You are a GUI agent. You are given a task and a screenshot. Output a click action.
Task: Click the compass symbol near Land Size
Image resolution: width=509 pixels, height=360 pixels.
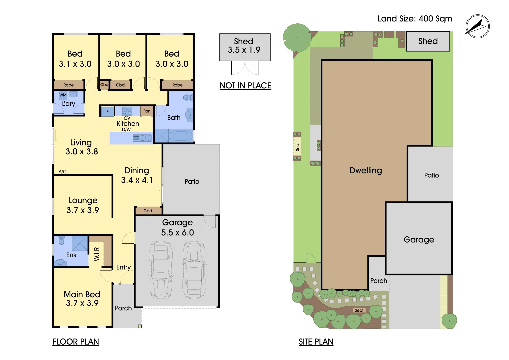(x=477, y=26)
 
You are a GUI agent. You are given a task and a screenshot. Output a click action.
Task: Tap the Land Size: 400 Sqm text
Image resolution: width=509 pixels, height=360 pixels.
(x=415, y=19)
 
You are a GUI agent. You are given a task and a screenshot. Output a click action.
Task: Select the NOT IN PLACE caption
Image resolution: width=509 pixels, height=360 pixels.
(x=245, y=85)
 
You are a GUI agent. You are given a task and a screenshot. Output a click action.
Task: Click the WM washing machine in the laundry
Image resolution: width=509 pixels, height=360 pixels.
(x=63, y=95)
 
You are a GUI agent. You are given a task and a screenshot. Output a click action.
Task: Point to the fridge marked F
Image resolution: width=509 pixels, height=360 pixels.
(x=107, y=111)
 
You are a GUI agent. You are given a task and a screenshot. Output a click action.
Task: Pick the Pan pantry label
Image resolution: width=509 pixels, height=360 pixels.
(x=147, y=111)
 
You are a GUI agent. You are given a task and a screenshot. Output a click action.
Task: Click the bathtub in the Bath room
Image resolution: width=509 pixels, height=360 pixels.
(x=181, y=136)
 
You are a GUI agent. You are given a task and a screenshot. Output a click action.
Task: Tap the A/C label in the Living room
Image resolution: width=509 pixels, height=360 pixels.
(x=62, y=172)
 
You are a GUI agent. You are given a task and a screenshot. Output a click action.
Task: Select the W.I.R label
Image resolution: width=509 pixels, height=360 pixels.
(x=97, y=254)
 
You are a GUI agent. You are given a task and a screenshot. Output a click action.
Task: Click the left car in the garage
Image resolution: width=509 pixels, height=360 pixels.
(x=160, y=270)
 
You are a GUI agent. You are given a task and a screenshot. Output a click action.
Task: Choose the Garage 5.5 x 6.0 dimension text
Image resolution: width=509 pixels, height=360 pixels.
(x=177, y=227)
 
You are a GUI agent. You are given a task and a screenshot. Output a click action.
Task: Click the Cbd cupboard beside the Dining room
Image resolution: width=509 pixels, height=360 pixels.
(x=148, y=211)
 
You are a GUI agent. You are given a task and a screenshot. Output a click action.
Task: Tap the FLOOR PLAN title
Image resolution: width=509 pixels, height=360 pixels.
(x=76, y=342)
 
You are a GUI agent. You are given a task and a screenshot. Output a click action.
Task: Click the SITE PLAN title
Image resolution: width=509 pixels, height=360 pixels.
(x=316, y=342)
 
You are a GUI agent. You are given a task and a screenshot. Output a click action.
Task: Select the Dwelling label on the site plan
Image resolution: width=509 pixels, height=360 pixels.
(x=366, y=170)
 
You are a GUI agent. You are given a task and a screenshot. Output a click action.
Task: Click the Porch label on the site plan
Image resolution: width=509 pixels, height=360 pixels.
(x=379, y=281)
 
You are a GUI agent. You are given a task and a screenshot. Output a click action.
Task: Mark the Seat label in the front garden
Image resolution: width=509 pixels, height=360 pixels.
(x=359, y=310)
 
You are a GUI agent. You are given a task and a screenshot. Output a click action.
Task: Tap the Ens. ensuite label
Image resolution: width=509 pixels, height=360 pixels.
(x=72, y=255)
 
